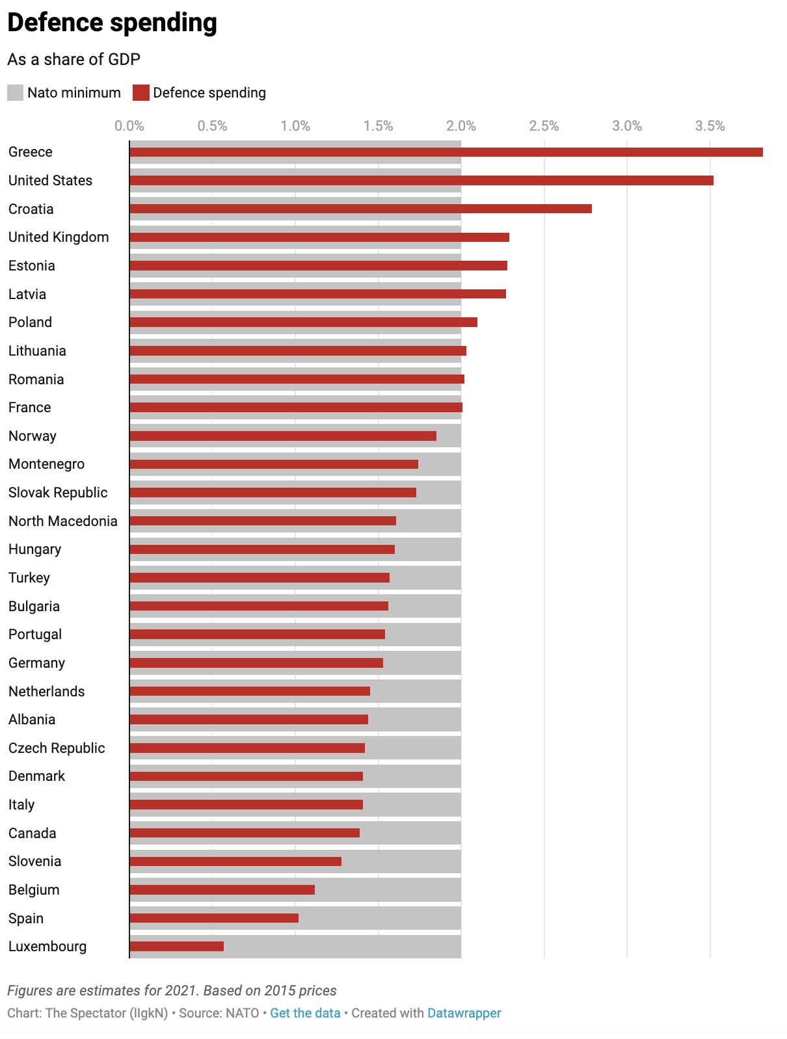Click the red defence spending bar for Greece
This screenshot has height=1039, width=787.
click(x=446, y=152)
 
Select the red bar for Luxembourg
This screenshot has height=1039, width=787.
click(x=176, y=947)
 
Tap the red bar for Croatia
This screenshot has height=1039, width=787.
click(x=360, y=209)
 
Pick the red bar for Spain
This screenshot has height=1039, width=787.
click(x=214, y=918)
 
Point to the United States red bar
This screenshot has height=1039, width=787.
click(x=421, y=180)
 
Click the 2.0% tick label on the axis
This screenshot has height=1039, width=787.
click(x=461, y=126)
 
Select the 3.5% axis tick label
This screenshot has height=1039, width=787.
click(x=710, y=126)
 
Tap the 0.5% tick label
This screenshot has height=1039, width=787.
click(x=212, y=126)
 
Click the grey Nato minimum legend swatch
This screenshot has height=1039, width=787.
click(x=16, y=93)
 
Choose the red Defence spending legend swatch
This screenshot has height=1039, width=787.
click(x=141, y=93)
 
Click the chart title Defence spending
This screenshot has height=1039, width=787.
click(x=112, y=23)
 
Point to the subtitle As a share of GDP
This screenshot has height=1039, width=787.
click(x=73, y=60)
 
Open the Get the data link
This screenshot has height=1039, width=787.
click(x=305, y=1013)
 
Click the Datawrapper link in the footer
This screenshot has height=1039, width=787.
click(x=464, y=1013)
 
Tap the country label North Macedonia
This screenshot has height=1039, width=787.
click(x=63, y=521)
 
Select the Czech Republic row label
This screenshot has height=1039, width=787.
click(x=57, y=748)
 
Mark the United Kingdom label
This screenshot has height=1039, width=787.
click(x=59, y=237)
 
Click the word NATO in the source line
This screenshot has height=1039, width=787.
click(x=243, y=1013)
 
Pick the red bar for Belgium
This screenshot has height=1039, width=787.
click(x=222, y=889)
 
